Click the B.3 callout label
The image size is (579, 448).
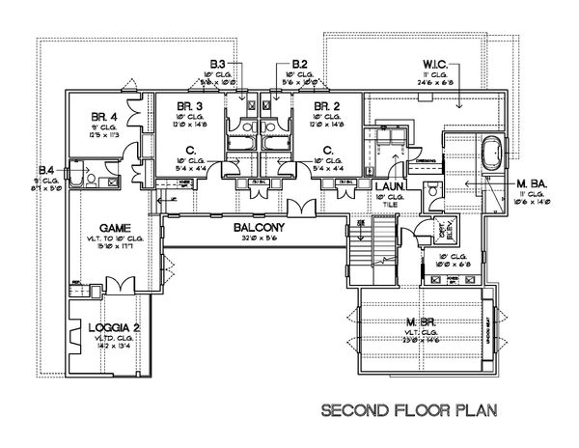click(219, 64)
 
